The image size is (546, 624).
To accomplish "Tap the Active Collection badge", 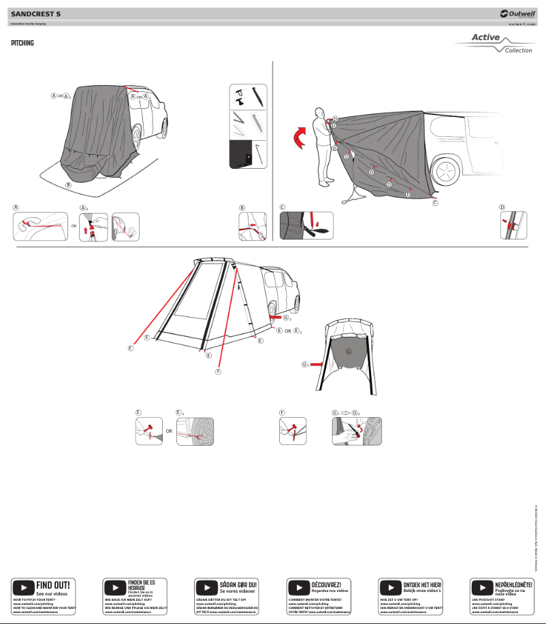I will [494, 44].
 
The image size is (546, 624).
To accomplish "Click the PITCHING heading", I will [22, 43].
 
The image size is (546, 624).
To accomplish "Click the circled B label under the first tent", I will [67, 185].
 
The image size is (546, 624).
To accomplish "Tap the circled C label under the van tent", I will [435, 203].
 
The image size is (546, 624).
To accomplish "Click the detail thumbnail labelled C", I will [307, 226].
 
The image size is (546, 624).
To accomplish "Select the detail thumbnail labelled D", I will [515, 226].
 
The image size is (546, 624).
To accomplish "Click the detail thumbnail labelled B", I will [252, 227].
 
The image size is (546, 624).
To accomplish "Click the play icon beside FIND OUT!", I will [23, 587].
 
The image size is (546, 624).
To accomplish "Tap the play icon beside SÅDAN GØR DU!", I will [206, 587].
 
